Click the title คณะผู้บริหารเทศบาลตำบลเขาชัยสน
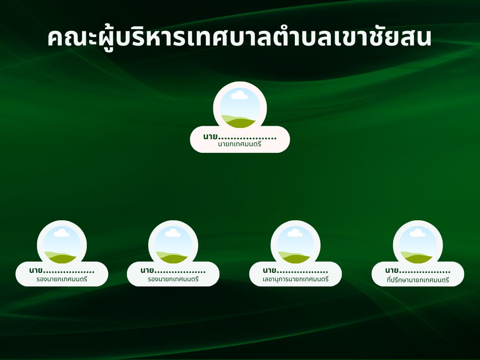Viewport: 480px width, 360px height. (240, 38)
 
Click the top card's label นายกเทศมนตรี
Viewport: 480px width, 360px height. (240, 144)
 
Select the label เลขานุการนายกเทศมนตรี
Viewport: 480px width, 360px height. (295, 279)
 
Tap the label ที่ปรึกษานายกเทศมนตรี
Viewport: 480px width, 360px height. (418, 279)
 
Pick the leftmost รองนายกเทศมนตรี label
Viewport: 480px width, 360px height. (62, 279)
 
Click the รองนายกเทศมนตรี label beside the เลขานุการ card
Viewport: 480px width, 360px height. (173, 279)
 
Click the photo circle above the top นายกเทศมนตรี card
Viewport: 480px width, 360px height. (240, 108)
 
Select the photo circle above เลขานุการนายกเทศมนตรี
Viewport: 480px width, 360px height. (295, 245)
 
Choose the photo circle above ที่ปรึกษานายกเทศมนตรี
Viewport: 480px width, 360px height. (418, 245)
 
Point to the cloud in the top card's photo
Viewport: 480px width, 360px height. (240, 95)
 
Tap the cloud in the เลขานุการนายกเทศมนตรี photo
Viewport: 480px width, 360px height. (295, 233)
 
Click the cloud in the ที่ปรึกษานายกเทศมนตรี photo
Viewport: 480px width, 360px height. (417, 233)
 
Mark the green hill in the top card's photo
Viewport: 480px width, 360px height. (239, 121)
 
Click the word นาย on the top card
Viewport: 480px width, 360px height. (210, 136)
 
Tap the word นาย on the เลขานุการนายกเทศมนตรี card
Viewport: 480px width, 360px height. (270, 270)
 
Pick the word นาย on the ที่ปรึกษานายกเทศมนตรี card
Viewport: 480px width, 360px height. (392, 270)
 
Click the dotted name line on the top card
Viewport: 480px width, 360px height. (247, 139)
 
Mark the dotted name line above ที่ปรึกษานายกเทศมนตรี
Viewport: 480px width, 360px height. (425, 272)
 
